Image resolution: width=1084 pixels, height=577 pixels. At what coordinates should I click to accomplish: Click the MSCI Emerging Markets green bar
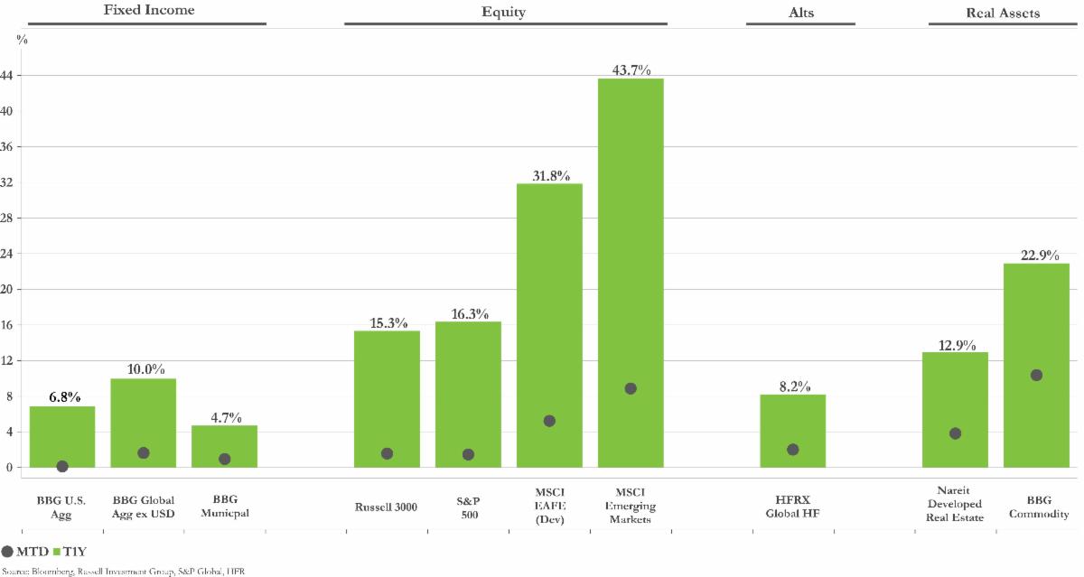tap(631, 271)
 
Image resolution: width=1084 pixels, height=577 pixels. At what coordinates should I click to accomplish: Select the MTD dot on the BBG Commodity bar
tap(1036, 375)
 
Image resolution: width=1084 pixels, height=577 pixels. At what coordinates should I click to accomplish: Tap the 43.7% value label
tap(631, 70)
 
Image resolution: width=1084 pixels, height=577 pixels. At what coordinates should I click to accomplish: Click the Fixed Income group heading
tap(150, 12)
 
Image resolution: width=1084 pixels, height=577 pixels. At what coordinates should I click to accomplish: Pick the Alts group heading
tap(800, 13)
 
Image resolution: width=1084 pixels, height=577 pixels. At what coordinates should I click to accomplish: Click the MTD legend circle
tap(8, 550)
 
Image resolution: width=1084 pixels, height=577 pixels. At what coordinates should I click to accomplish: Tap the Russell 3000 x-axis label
tap(386, 507)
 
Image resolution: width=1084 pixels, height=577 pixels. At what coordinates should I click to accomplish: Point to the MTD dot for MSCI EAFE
tap(549, 421)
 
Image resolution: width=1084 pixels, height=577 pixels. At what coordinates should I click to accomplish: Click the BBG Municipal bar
tap(224, 446)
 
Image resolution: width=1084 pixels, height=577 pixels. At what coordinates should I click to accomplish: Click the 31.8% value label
tap(549, 176)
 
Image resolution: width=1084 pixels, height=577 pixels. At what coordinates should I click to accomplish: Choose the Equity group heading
tap(504, 13)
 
